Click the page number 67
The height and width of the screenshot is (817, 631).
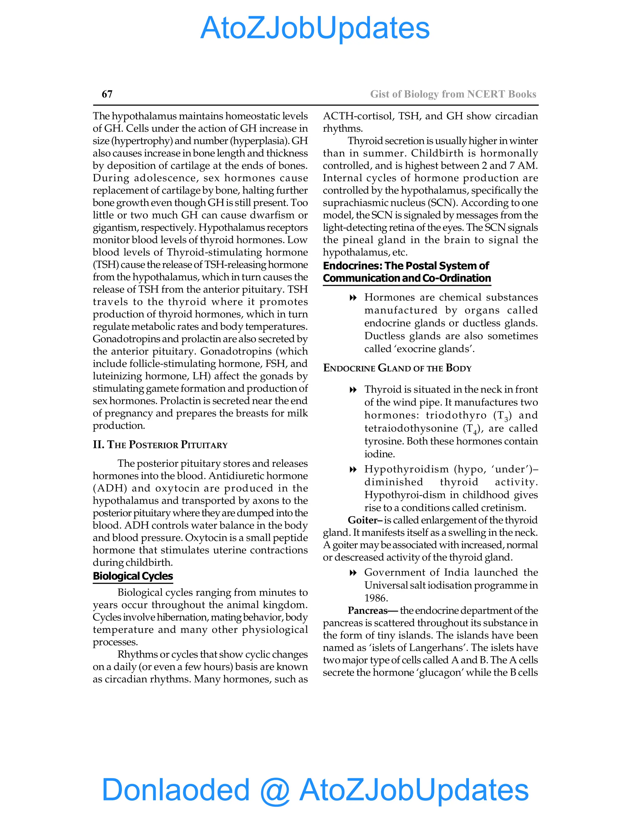(107, 94)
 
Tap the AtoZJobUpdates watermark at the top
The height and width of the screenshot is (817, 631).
(315, 28)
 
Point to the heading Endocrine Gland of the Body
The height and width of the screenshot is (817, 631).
(397, 368)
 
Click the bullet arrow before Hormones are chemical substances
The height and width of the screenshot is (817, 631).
(352, 298)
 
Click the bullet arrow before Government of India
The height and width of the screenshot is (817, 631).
(352, 573)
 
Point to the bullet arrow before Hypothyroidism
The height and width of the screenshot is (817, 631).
(352, 470)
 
